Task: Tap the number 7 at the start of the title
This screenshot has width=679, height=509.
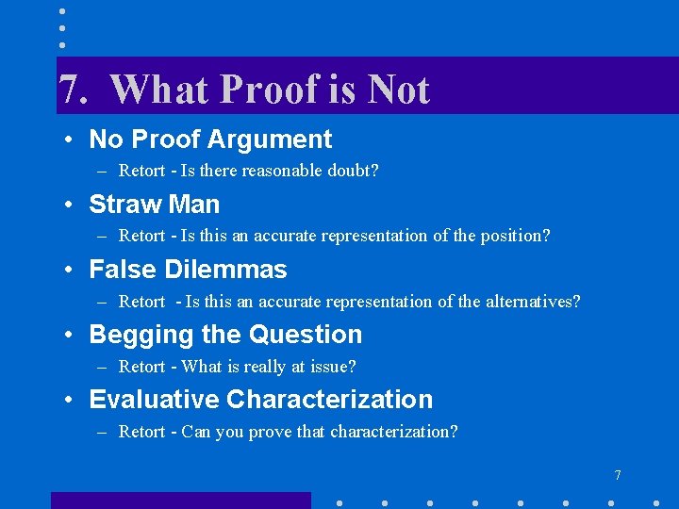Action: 69,90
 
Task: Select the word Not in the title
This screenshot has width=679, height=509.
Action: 398,90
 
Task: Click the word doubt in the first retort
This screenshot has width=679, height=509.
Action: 349,172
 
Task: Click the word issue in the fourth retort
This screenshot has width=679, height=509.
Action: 332,367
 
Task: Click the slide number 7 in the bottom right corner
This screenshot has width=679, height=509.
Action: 618,475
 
